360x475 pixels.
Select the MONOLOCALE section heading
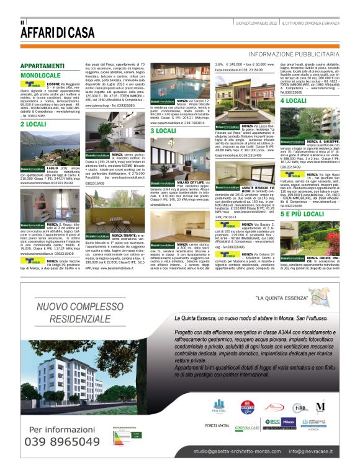[x=40, y=75]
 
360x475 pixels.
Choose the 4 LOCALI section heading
[x=294, y=100]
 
